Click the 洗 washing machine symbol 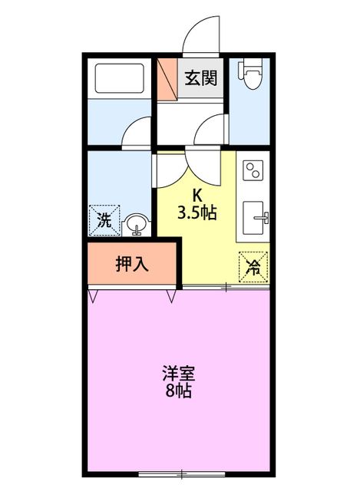[x=105, y=220]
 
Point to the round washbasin [x=136, y=224]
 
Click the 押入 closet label [x=132, y=264]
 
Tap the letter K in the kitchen [x=197, y=195]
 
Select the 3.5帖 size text [x=197, y=213]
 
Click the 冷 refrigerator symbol [x=253, y=268]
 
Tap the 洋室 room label [x=178, y=374]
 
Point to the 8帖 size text [x=178, y=391]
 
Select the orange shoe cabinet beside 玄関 [x=167, y=79]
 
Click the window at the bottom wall [x=181, y=472]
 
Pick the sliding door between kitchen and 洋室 [x=226, y=288]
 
